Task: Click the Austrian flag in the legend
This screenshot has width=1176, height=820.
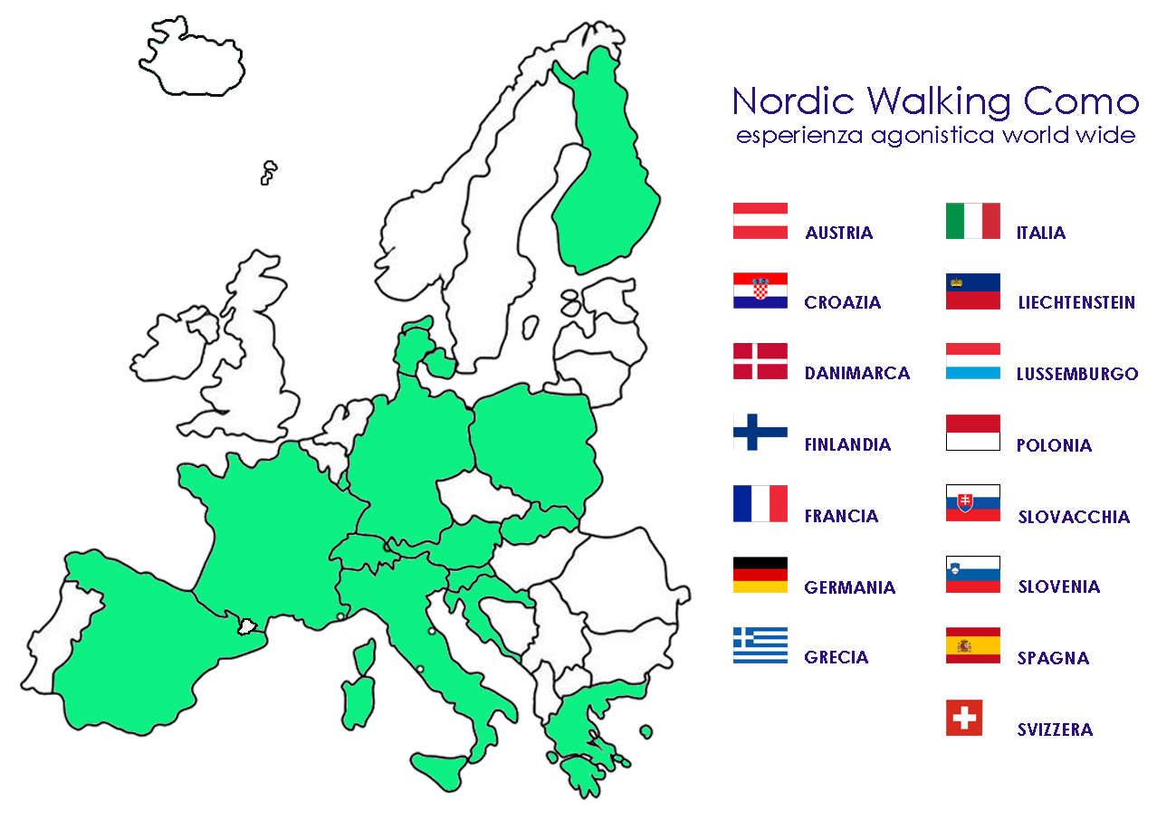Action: pyautogui.click(x=760, y=221)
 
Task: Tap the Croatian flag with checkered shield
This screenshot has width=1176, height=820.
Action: pyautogui.click(x=760, y=291)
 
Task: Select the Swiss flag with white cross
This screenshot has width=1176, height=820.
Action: pyautogui.click(x=964, y=717)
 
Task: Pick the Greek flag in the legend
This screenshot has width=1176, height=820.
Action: pyautogui.click(x=760, y=645)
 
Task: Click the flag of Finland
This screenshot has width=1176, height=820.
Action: pyautogui.click(x=760, y=432)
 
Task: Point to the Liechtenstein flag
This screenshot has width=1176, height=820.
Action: pyautogui.click(x=973, y=291)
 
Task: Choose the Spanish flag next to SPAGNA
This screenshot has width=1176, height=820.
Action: pyautogui.click(x=973, y=645)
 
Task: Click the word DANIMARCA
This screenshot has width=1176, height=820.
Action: pyautogui.click(x=856, y=373)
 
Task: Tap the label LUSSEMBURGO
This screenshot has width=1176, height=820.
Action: pyautogui.click(x=1077, y=374)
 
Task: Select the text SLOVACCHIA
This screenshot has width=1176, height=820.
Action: pyautogui.click(x=1074, y=517)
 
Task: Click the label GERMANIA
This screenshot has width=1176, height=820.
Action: pyautogui.click(x=849, y=587)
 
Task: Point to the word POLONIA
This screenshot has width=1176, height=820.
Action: pyautogui.click(x=1054, y=445)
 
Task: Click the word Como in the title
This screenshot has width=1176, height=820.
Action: pyautogui.click(x=1081, y=101)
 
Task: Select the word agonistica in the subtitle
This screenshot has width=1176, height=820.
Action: pyautogui.click(x=932, y=136)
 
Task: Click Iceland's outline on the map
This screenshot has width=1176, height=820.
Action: pyautogui.click(x=192, y=57)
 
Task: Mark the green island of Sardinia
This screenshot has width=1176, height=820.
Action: pyautogui.click(x=359, y=702)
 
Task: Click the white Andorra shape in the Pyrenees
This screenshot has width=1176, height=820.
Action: pyautogui.click(x=247, y=627)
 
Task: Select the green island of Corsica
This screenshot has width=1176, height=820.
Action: pyautogui.click(x=366, y=657)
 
